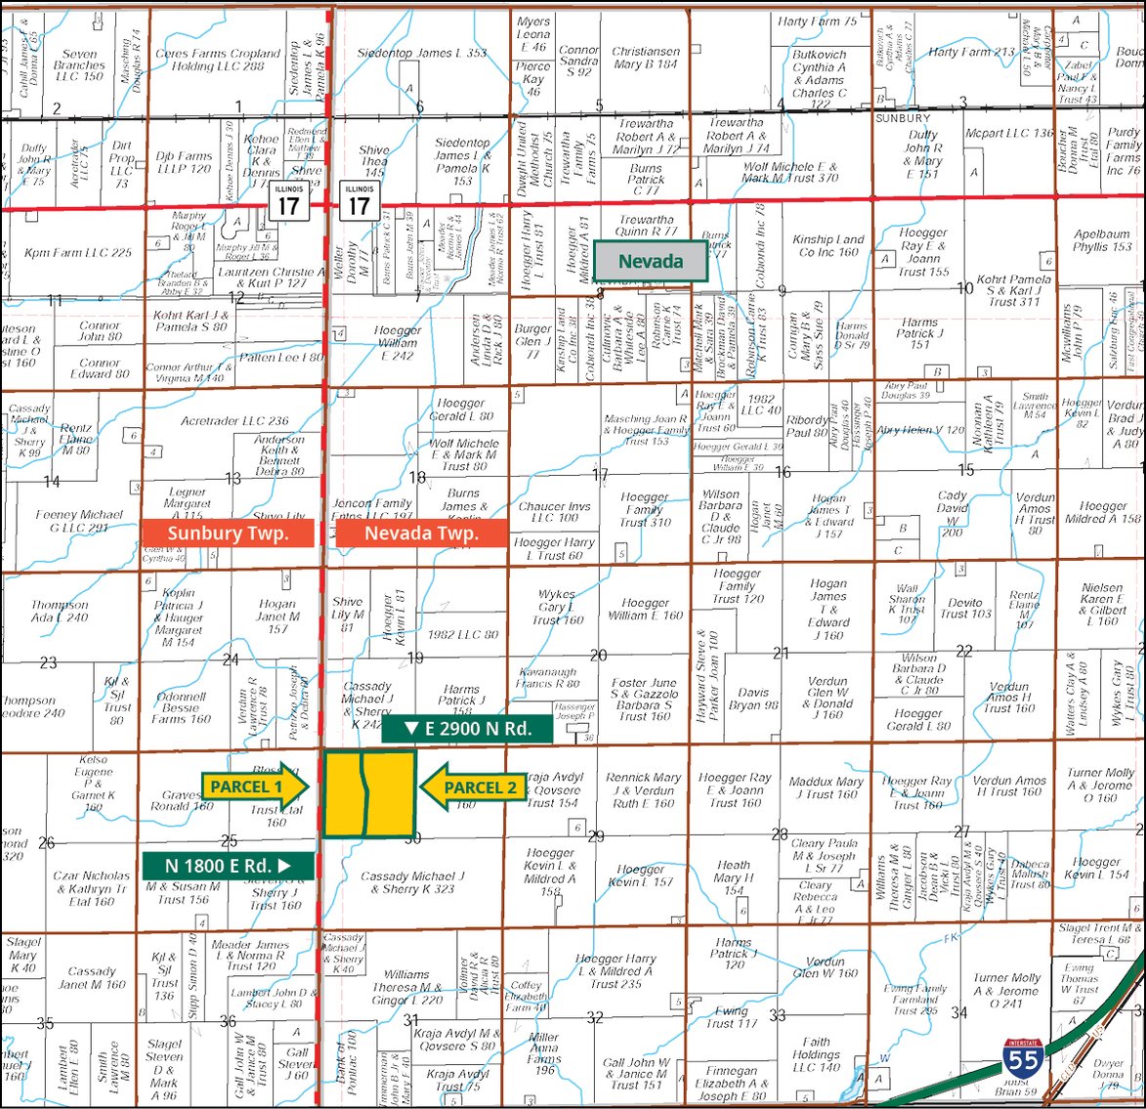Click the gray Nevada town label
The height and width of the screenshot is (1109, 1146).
652,262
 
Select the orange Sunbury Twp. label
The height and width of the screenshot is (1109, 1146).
228,533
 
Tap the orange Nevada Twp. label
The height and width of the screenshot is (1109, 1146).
421,533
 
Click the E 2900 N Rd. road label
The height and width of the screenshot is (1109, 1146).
467,728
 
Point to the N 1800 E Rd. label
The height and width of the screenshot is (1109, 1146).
228,865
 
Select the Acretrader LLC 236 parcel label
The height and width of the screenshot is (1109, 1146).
234,421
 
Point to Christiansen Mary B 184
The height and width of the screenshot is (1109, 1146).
645,58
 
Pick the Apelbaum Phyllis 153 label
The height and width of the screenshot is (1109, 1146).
1102,241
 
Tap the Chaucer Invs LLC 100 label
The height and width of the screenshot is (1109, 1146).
555,512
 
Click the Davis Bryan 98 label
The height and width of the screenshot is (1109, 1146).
753,699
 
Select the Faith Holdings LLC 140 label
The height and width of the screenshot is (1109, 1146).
816,1054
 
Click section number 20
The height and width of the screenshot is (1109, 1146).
598,656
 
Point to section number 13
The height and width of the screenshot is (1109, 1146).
233,479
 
